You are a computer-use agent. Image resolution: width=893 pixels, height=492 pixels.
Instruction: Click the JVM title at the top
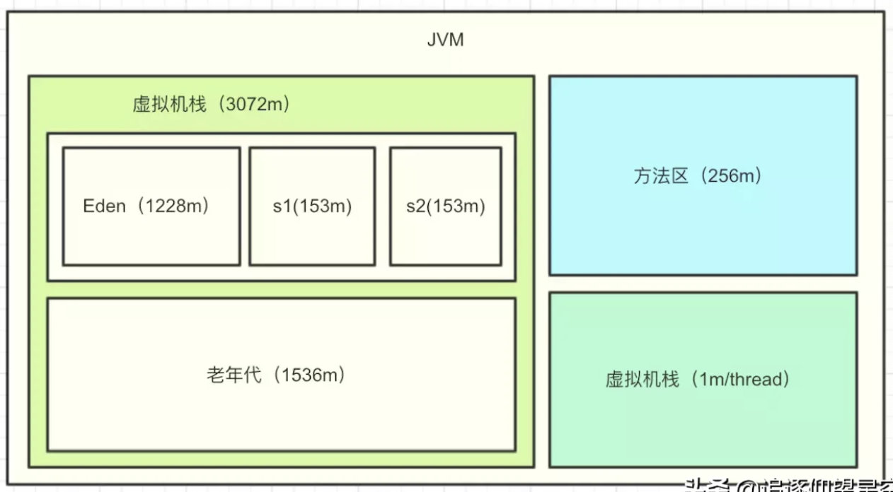point(446,40)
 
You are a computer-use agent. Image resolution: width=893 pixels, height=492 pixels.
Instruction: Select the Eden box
point(151,206)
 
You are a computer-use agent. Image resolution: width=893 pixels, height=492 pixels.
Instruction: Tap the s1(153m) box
point(312,206)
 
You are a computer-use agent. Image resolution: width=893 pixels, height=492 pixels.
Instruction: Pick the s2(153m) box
point(446,206)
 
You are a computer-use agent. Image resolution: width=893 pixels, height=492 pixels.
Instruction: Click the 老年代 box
point(281,374)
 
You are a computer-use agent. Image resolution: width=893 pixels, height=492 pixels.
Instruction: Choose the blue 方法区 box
point(703,175)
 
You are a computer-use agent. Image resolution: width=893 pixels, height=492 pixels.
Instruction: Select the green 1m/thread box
point(703,379)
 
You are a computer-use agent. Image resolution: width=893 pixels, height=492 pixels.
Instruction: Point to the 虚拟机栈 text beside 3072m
point(170,105)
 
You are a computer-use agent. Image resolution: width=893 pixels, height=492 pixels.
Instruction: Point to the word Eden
point(104,206)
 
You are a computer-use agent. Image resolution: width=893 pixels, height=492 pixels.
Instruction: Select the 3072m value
point(253,105)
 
